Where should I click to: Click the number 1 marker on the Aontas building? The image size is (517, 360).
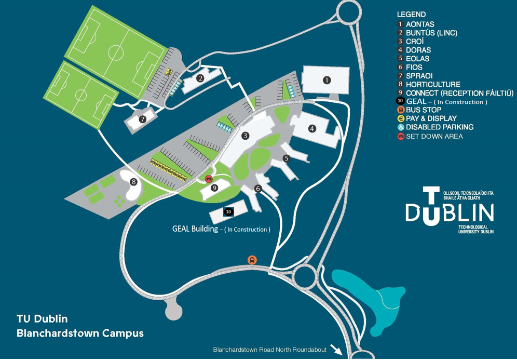pos(326,80)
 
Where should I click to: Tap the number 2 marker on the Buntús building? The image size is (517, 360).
pos(200,78)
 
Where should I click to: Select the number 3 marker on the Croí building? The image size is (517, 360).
pos(246,136)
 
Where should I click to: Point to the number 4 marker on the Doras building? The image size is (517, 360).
pos(312,128)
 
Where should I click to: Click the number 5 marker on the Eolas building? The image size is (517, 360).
pos(286,158)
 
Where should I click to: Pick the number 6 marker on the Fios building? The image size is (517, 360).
pos(257,189)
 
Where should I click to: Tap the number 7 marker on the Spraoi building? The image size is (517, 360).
pos(142,119)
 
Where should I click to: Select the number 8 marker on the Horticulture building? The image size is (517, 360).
pos(134,182)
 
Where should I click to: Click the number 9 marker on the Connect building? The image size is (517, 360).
pos(214,187)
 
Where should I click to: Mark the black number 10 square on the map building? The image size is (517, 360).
pos(228,212)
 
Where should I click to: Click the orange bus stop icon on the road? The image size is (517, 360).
pos(252,260)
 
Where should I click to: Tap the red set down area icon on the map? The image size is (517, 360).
pos(209,179)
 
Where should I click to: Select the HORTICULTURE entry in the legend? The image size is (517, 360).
pos(433,84)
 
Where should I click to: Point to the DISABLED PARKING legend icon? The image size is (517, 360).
pos(400,127)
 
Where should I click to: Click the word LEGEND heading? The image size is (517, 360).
pos(411,15)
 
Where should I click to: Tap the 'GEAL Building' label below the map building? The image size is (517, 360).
pos(195,229)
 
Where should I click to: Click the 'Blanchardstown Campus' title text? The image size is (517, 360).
pos(80,332)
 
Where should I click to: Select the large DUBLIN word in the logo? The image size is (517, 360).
pos(450,213)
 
